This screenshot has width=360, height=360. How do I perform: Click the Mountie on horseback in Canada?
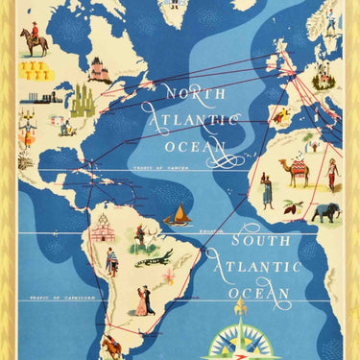(36, 37)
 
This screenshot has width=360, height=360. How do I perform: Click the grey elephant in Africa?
(326, 212)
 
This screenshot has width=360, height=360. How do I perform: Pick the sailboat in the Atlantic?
(176, 214)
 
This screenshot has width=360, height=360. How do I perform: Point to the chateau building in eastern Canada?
(99, 69)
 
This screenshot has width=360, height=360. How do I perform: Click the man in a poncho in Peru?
(111, 261)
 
